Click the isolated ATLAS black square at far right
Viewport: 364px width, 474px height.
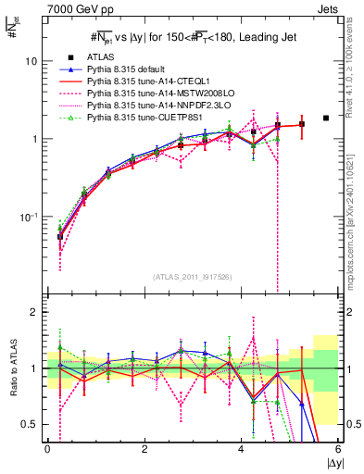[x=326, y=118]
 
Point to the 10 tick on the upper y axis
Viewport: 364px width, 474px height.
[x=31, y=61]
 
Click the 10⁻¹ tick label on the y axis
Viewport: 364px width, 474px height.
[x=28, y=217]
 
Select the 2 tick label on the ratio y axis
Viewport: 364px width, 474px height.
[x=34, y=313]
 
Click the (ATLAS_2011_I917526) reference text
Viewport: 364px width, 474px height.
[x=192, y=277]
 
